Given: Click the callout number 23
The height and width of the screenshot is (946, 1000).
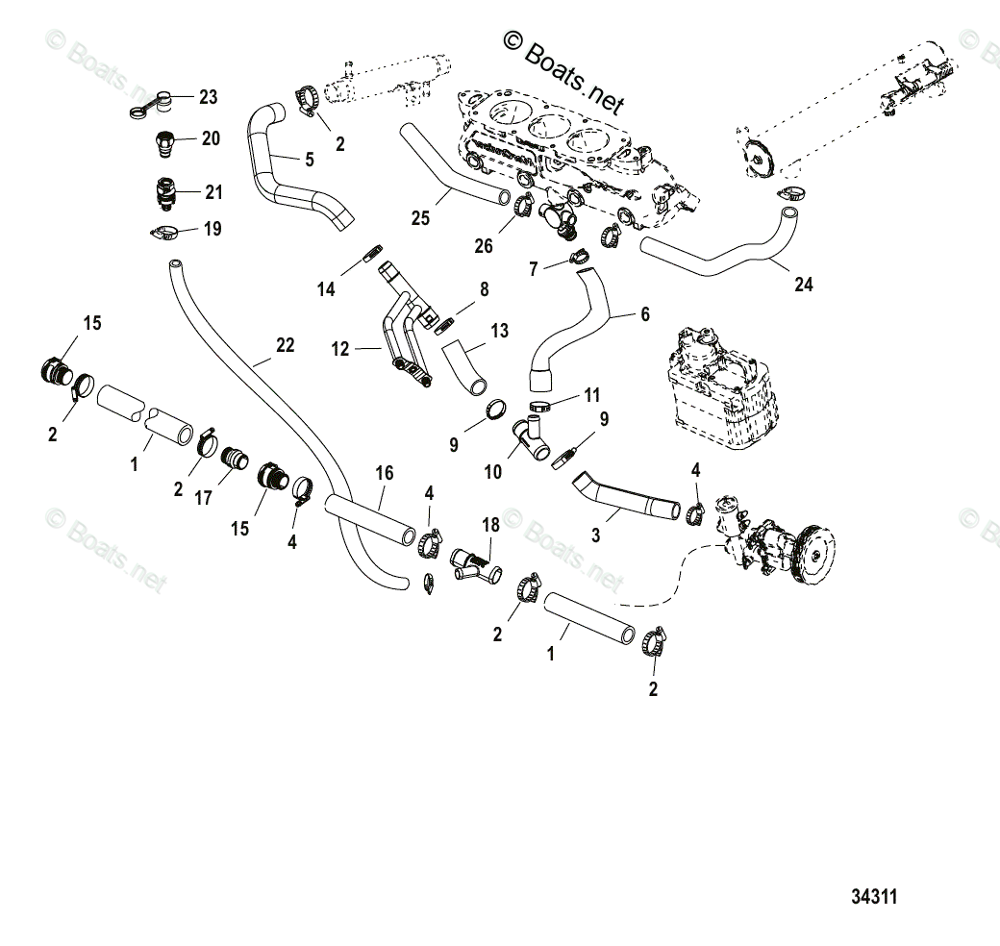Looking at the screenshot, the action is pos(208,97).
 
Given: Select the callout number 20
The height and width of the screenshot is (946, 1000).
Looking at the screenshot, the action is pos(211,138).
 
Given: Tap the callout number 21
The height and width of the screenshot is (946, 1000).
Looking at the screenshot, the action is pos(213,192).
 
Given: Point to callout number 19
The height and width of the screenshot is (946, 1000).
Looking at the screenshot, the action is pos(212,229).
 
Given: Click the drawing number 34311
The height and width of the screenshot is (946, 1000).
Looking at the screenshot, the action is pos(874,897).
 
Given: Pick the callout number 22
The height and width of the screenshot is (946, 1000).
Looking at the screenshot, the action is pos(285,345).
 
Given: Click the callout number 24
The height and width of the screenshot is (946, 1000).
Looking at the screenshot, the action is pos(804,285).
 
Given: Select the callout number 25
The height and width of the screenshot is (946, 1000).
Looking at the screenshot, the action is pos(420,218).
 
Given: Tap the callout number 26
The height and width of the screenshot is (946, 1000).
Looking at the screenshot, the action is pos(484,246).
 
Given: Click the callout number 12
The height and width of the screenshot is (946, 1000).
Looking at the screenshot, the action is pos(340,349).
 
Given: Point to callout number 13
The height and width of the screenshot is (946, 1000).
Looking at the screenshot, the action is pos(499,331).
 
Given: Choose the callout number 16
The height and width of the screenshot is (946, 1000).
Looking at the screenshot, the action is pos(384,473).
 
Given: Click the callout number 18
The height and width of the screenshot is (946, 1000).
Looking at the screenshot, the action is pos(490,525).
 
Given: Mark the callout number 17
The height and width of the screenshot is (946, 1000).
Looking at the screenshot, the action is pos(203,499).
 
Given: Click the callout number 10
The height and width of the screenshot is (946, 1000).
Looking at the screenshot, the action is pos(492,472).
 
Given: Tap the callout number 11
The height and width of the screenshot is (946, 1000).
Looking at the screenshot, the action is pos(592,396).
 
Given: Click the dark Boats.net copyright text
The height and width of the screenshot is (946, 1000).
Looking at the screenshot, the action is pos(563,72).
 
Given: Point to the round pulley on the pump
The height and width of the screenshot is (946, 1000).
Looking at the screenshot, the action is pos(815,555).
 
